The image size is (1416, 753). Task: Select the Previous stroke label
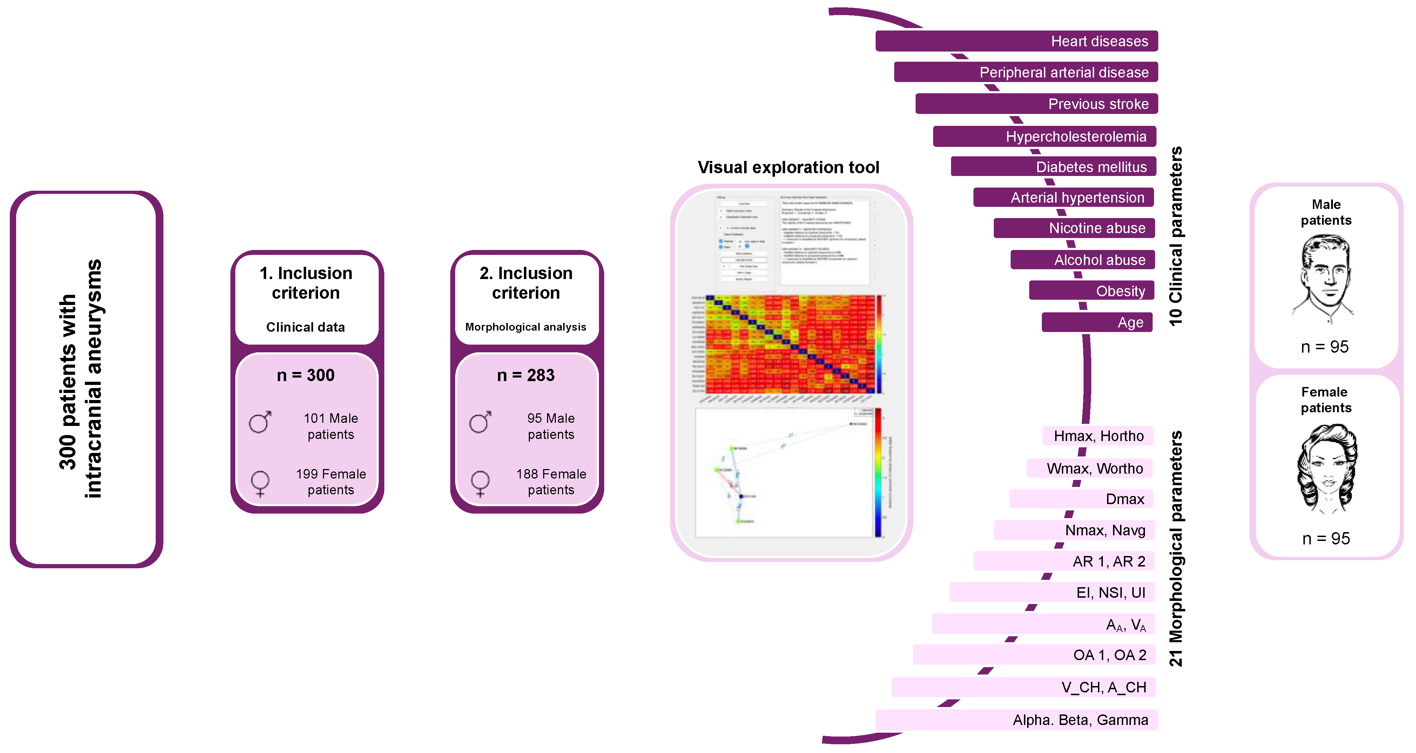(1098, 104)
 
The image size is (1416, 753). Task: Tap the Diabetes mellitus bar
(1053, 167)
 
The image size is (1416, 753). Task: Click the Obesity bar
(1091, 291)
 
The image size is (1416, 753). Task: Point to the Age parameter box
(1097, 322)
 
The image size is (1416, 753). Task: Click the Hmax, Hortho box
(1097, 436)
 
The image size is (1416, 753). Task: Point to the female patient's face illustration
(1326, 467)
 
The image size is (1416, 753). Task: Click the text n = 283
(526, 375)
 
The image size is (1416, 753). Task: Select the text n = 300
(306, 375)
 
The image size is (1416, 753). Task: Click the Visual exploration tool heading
(788, 167)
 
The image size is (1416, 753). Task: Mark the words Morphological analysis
(526, 327)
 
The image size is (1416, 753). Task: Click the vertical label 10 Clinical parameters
(1175, 236)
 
